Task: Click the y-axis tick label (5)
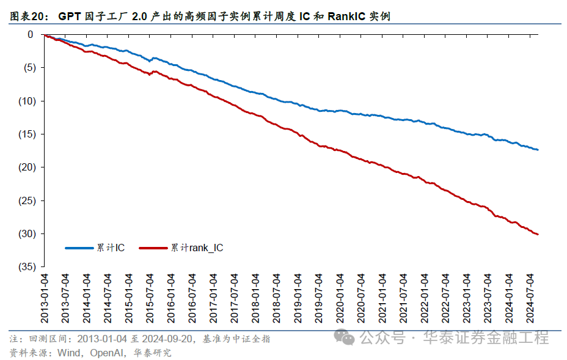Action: point(27,67)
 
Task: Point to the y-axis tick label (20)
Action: point(25,167)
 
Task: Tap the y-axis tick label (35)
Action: point(25,266)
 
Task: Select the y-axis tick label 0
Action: point(30,34)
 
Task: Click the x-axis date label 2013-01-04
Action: point(45,298)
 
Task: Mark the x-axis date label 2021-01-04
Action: point(382,298)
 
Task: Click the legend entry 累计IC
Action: point(110,248)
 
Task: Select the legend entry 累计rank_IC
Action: point(197,248)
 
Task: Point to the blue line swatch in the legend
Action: point(79,248)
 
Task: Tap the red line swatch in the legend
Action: point(154,248)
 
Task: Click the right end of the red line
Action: point(538,234)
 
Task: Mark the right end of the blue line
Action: point(538,149)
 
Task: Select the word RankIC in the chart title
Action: point(346,17)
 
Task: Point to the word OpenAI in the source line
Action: point(108,353)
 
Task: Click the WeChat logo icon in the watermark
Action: point(346,337)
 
